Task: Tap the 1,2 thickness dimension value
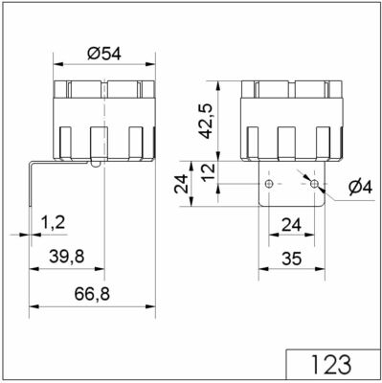(x=54, y=223)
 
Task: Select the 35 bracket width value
(x=292, y=257)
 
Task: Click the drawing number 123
(x=333, y=365)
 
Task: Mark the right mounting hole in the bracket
(x=314, y=182)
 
